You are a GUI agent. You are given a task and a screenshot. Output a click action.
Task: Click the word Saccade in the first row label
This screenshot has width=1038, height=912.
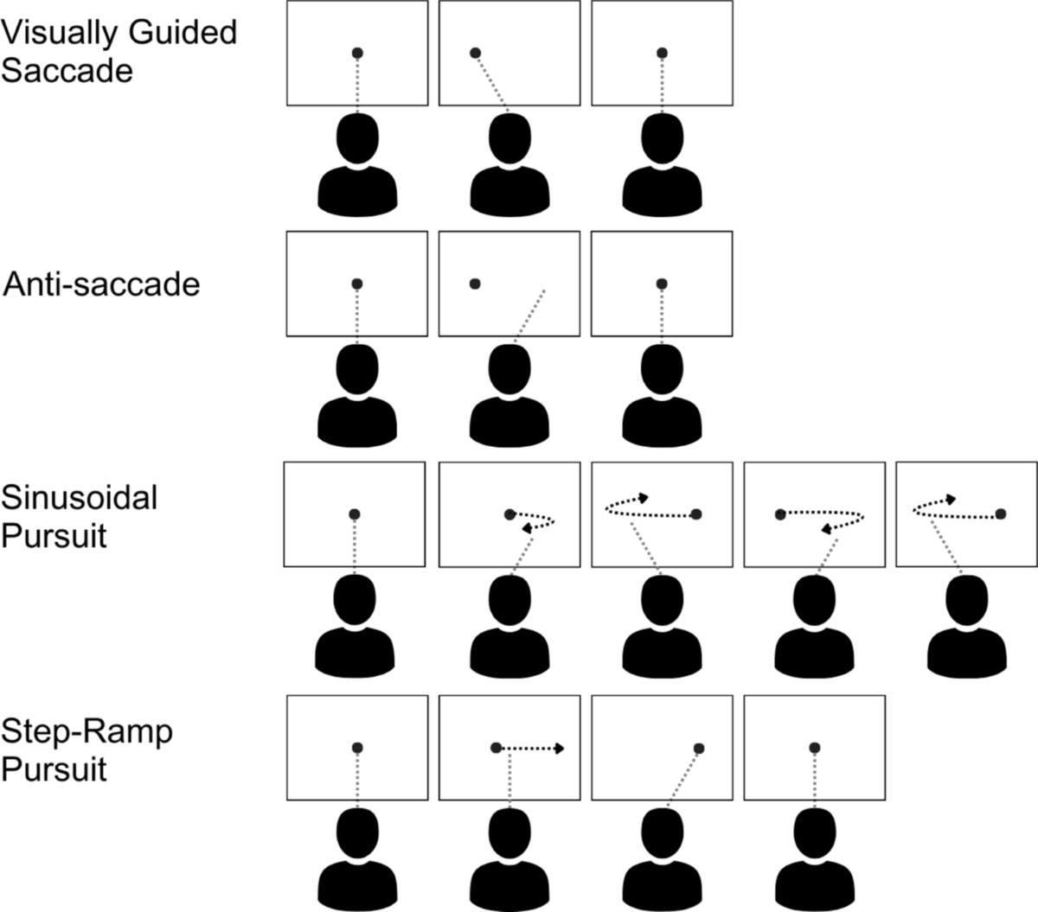(67, 70)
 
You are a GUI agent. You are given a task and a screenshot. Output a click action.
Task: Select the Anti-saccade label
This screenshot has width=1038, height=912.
(102, 284)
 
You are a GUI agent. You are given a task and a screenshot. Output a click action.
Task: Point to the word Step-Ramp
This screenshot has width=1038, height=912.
(87, 731)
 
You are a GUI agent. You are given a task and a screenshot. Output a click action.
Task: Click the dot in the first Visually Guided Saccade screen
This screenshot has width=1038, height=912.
(357, 53)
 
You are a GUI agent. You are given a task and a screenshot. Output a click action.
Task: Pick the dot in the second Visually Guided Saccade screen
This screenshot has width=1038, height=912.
(475, 53)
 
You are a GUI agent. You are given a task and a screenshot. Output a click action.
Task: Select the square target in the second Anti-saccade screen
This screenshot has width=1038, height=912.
(473, 284)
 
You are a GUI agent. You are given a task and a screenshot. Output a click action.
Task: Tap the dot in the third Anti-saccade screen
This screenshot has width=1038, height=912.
(662, 284)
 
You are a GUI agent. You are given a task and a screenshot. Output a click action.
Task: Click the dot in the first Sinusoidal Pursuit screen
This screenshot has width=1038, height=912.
(355, 514)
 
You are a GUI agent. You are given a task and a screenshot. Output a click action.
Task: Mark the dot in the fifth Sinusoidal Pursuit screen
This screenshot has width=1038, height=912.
(1001, 513)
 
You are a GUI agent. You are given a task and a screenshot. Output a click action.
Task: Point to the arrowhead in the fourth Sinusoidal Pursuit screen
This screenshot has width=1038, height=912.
(827, 528)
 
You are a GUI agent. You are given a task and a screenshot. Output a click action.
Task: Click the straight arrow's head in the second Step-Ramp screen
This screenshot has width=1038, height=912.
(560, 748)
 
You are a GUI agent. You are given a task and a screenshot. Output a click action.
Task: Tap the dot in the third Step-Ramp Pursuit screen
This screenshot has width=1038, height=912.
(699, 748)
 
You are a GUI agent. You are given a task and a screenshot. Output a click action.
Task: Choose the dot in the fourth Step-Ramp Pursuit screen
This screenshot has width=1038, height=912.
(814, 747)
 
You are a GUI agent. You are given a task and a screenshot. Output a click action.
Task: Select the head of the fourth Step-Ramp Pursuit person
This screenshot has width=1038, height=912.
(815, 833)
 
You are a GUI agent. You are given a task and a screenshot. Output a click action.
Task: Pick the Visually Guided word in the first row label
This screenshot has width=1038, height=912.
(119, 33)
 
